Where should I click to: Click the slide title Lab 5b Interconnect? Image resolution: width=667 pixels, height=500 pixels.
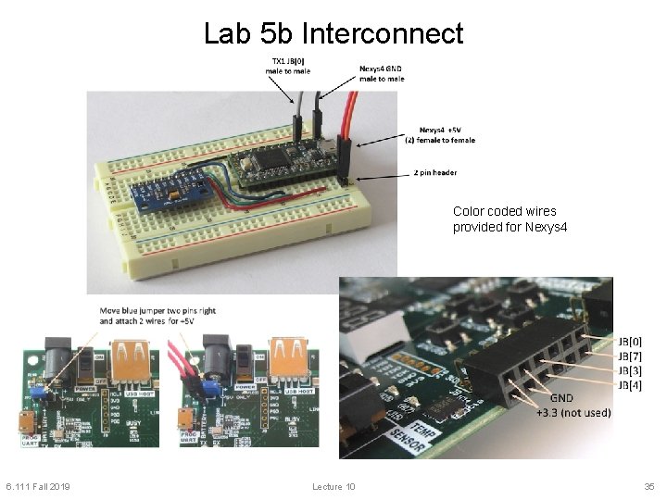pyautogui.click(x=333, y=34)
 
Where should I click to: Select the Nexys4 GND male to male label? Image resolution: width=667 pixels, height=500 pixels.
pyautogui.click(x=381, y=73)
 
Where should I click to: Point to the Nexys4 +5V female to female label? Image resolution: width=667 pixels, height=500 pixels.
pyautogui.click(x=440, y=134)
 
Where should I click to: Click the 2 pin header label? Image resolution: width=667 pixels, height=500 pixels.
pyautogui.click(x=434, y=172)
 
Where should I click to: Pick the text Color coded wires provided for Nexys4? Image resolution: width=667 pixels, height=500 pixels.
pyautogui.click(x=510, y=219)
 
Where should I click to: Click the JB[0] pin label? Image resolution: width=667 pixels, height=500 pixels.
pyautogui.click(x=629, y=341)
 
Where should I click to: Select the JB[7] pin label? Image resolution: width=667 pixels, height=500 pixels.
pyautogui.click(x=629, y=356)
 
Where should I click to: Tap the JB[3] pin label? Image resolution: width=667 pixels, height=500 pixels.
pyautogui.click(x=629, y=370)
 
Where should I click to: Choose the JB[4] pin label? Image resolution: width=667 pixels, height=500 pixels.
pyautogui.click(x=629, y=384)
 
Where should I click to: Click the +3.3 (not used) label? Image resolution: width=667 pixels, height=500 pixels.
pyautogui.click(x=573, y=412)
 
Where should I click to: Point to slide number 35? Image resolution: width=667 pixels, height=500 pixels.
pyautogui.click(x=648, y=487)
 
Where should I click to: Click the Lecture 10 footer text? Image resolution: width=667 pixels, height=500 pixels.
pyautogui.click(x=333, y=487)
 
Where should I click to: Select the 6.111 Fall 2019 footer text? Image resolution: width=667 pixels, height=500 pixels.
pyautogui.click(x=37, y=487)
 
